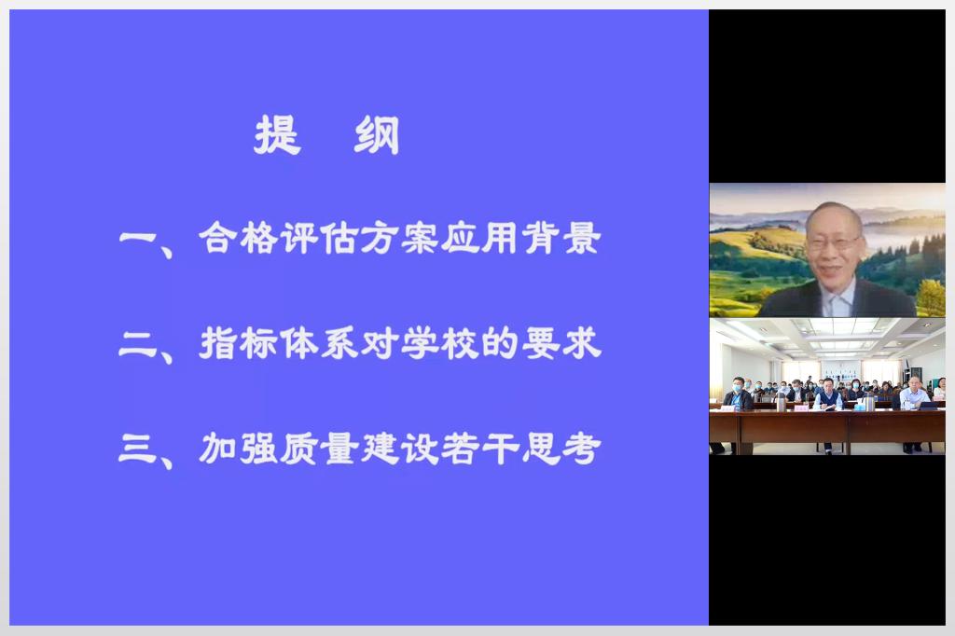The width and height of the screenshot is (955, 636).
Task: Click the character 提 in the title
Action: [x=278, y=134]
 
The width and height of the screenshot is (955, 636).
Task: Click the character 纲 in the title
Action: [x=377, y=134]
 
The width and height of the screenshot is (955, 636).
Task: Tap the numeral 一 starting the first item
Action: [x=138, y=238]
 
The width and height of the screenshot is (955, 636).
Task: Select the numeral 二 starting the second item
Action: [x=138, y=343]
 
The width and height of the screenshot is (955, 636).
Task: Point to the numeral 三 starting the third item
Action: [x=138, y=449]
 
